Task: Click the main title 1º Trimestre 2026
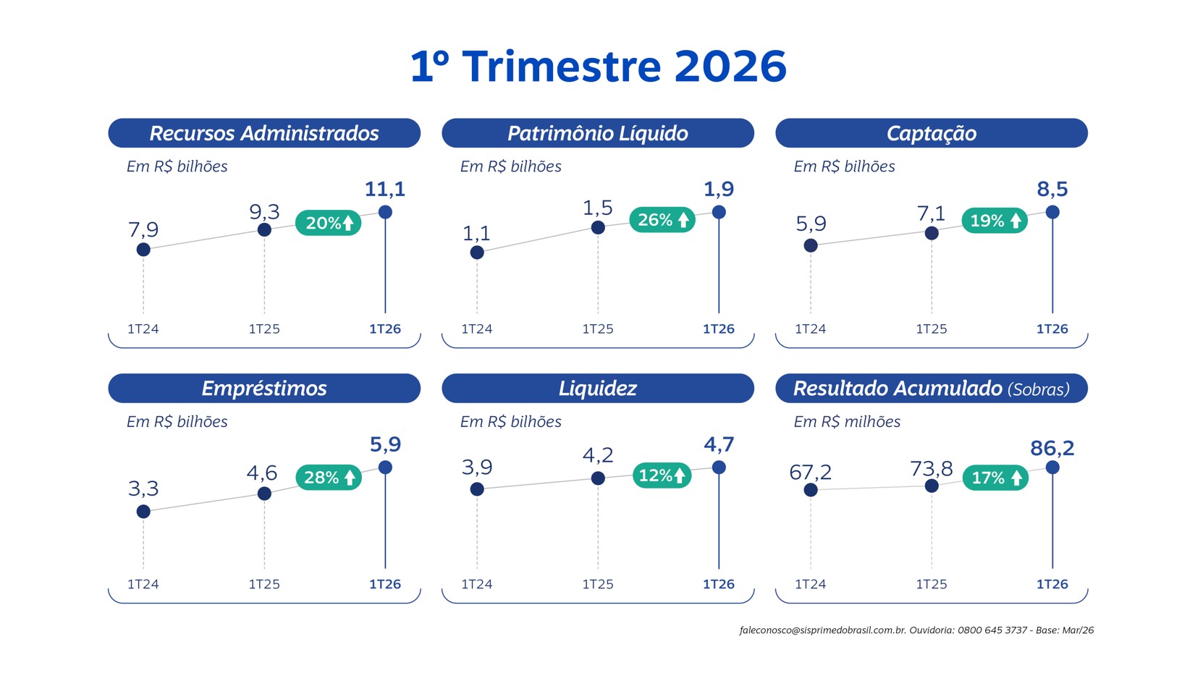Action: coord(598,67)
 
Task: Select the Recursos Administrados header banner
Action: coord(264,133)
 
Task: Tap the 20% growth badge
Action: coord(329,223)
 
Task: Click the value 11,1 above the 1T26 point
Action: coord(385,190)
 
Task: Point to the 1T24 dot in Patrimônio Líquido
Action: coord(477,253)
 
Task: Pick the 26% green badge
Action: coord(662,220)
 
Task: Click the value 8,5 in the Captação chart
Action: coord(1052,190)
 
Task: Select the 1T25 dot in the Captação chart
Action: coord(932,233)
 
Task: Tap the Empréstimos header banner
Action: coord(264,389)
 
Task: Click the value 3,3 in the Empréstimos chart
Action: coord(143,488)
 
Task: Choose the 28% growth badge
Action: coord(329,478)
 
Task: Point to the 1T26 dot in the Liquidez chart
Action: coord(719,467)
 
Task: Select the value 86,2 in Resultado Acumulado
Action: coord(1052,448)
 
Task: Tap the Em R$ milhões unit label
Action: coord(847,422)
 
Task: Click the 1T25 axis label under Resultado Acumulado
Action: coord(931,584)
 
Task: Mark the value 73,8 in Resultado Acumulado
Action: coord(931,469)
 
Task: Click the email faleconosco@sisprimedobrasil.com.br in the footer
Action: coord(822,630)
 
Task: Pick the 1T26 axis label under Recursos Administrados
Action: coord(385,329)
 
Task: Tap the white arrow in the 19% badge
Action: coord(1015,221)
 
